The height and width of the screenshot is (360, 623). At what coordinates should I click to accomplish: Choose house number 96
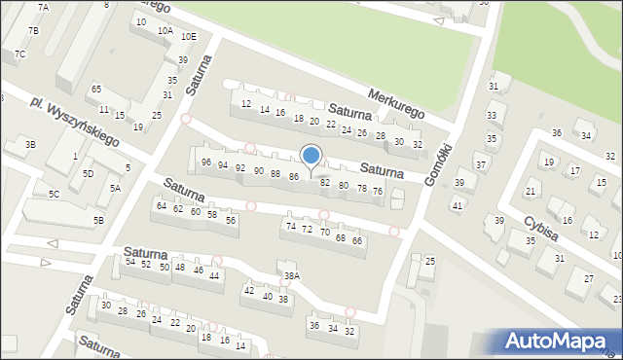pyautogui.click(x=205, y=162)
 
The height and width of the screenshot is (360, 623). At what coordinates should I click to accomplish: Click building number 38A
pyautogui.click(x=291, y=276)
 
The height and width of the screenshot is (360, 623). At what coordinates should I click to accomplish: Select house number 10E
pyautogui.click(x=188, y=36)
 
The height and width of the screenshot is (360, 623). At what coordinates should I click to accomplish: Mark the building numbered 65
pyautogui.click(x=95, y=89)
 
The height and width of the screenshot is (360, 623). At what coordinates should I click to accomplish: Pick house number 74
pyautogui.click(x=290, y=226)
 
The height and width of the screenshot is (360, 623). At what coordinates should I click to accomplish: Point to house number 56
pyautogui.click(x=231, y=220)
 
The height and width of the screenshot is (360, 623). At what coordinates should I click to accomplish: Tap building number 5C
pyautogui.click(x=54, y=194)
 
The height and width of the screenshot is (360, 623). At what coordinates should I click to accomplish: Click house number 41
pyautogui.click(x=457, y=204)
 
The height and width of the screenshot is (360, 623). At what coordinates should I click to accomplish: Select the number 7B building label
pyautogui.click(x=33, y=30)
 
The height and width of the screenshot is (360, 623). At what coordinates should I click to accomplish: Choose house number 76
pyautogui.click(x=378, y=191)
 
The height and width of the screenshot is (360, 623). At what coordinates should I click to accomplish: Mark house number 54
pyautogui.click(x=129, y=262)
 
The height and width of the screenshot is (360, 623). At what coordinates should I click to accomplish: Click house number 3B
pyautogui.click(x=30, y=144)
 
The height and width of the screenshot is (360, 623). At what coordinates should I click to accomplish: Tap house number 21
pyautogui.click(x=531, y=191)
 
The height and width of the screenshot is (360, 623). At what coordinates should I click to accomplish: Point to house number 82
pyautogui.click(x=325, y=182)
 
